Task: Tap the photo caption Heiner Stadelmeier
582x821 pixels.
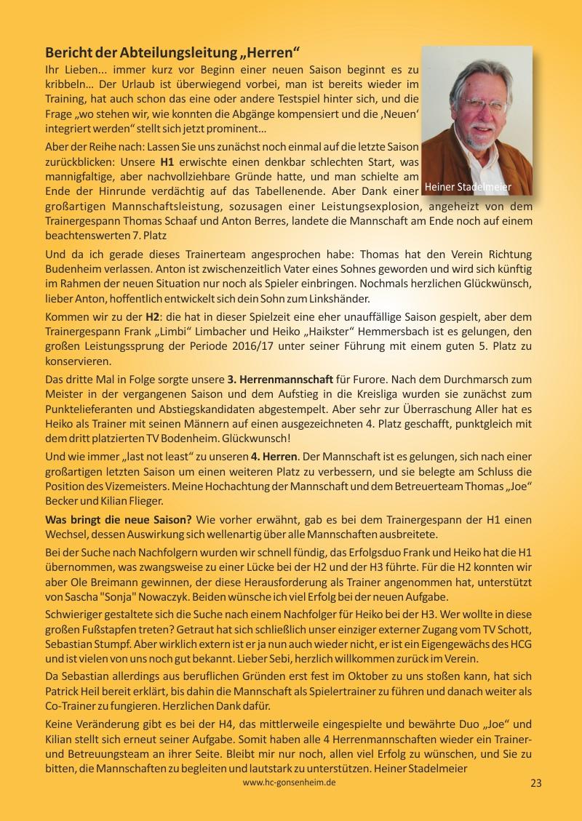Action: (469, 187)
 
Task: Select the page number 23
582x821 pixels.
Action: (536, 783)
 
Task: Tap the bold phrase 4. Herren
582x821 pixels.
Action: (274, 456)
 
